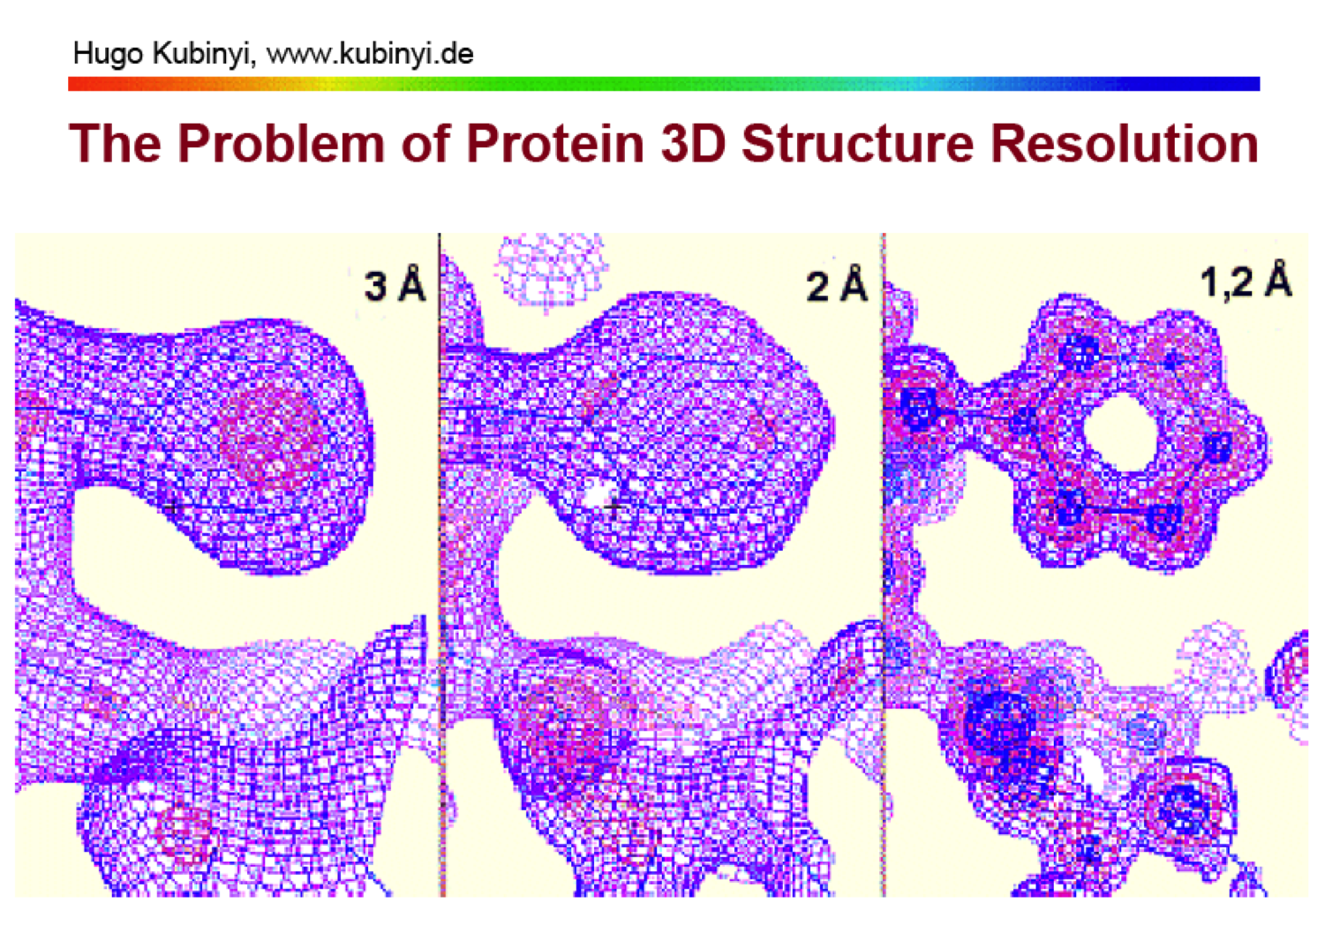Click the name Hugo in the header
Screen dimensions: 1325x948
pyautogui.click(x=108, y=55)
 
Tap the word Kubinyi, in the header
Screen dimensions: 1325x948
pyautogui.click(x=204, y=56)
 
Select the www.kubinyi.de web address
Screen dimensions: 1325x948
pyautogui.click(x=370, y=55)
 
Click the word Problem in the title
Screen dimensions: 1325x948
pyautogui.click(x=281, y=144)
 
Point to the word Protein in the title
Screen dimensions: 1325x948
pyautogui.click(x=555, y=144)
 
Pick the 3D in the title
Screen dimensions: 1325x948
pyautogui.click(x=693, y=144)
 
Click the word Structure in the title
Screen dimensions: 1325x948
pyautogui.click(x=858, y=144)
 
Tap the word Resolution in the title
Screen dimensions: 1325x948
pyautogui.click(x=1125, y=144)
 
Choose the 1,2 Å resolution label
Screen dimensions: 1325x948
pyautogui.click(x=1246, y=280)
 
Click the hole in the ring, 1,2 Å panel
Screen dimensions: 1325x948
pyautogui.click(x=1119, y=433)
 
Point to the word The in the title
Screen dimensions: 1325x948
pyautogui.click(x=116, y=144)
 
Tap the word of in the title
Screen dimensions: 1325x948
pyautogui.click(x=425, y=144)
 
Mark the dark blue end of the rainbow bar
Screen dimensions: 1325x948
pyautogui.click(x=1255, y=84)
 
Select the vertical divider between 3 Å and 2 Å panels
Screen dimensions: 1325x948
pyautogui.click(x=440, y=565)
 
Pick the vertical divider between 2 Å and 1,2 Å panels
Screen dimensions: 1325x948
pyautogui.click(x=884, y=565)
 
